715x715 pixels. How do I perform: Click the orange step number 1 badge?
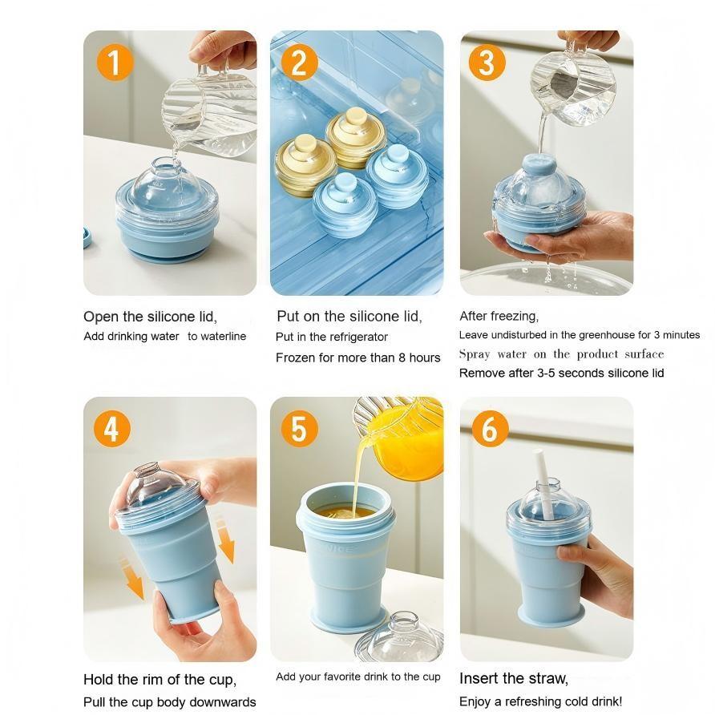click(x=114, y=63)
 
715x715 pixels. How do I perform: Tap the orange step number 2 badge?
click(x=299, y=63)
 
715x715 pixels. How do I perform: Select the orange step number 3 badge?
click(x=487, y=63)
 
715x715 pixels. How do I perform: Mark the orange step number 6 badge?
click(x=489, y=430)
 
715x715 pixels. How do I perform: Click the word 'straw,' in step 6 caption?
click(x=547, y=679)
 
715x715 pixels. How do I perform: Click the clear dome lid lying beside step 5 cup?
click(x=398, y=633)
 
